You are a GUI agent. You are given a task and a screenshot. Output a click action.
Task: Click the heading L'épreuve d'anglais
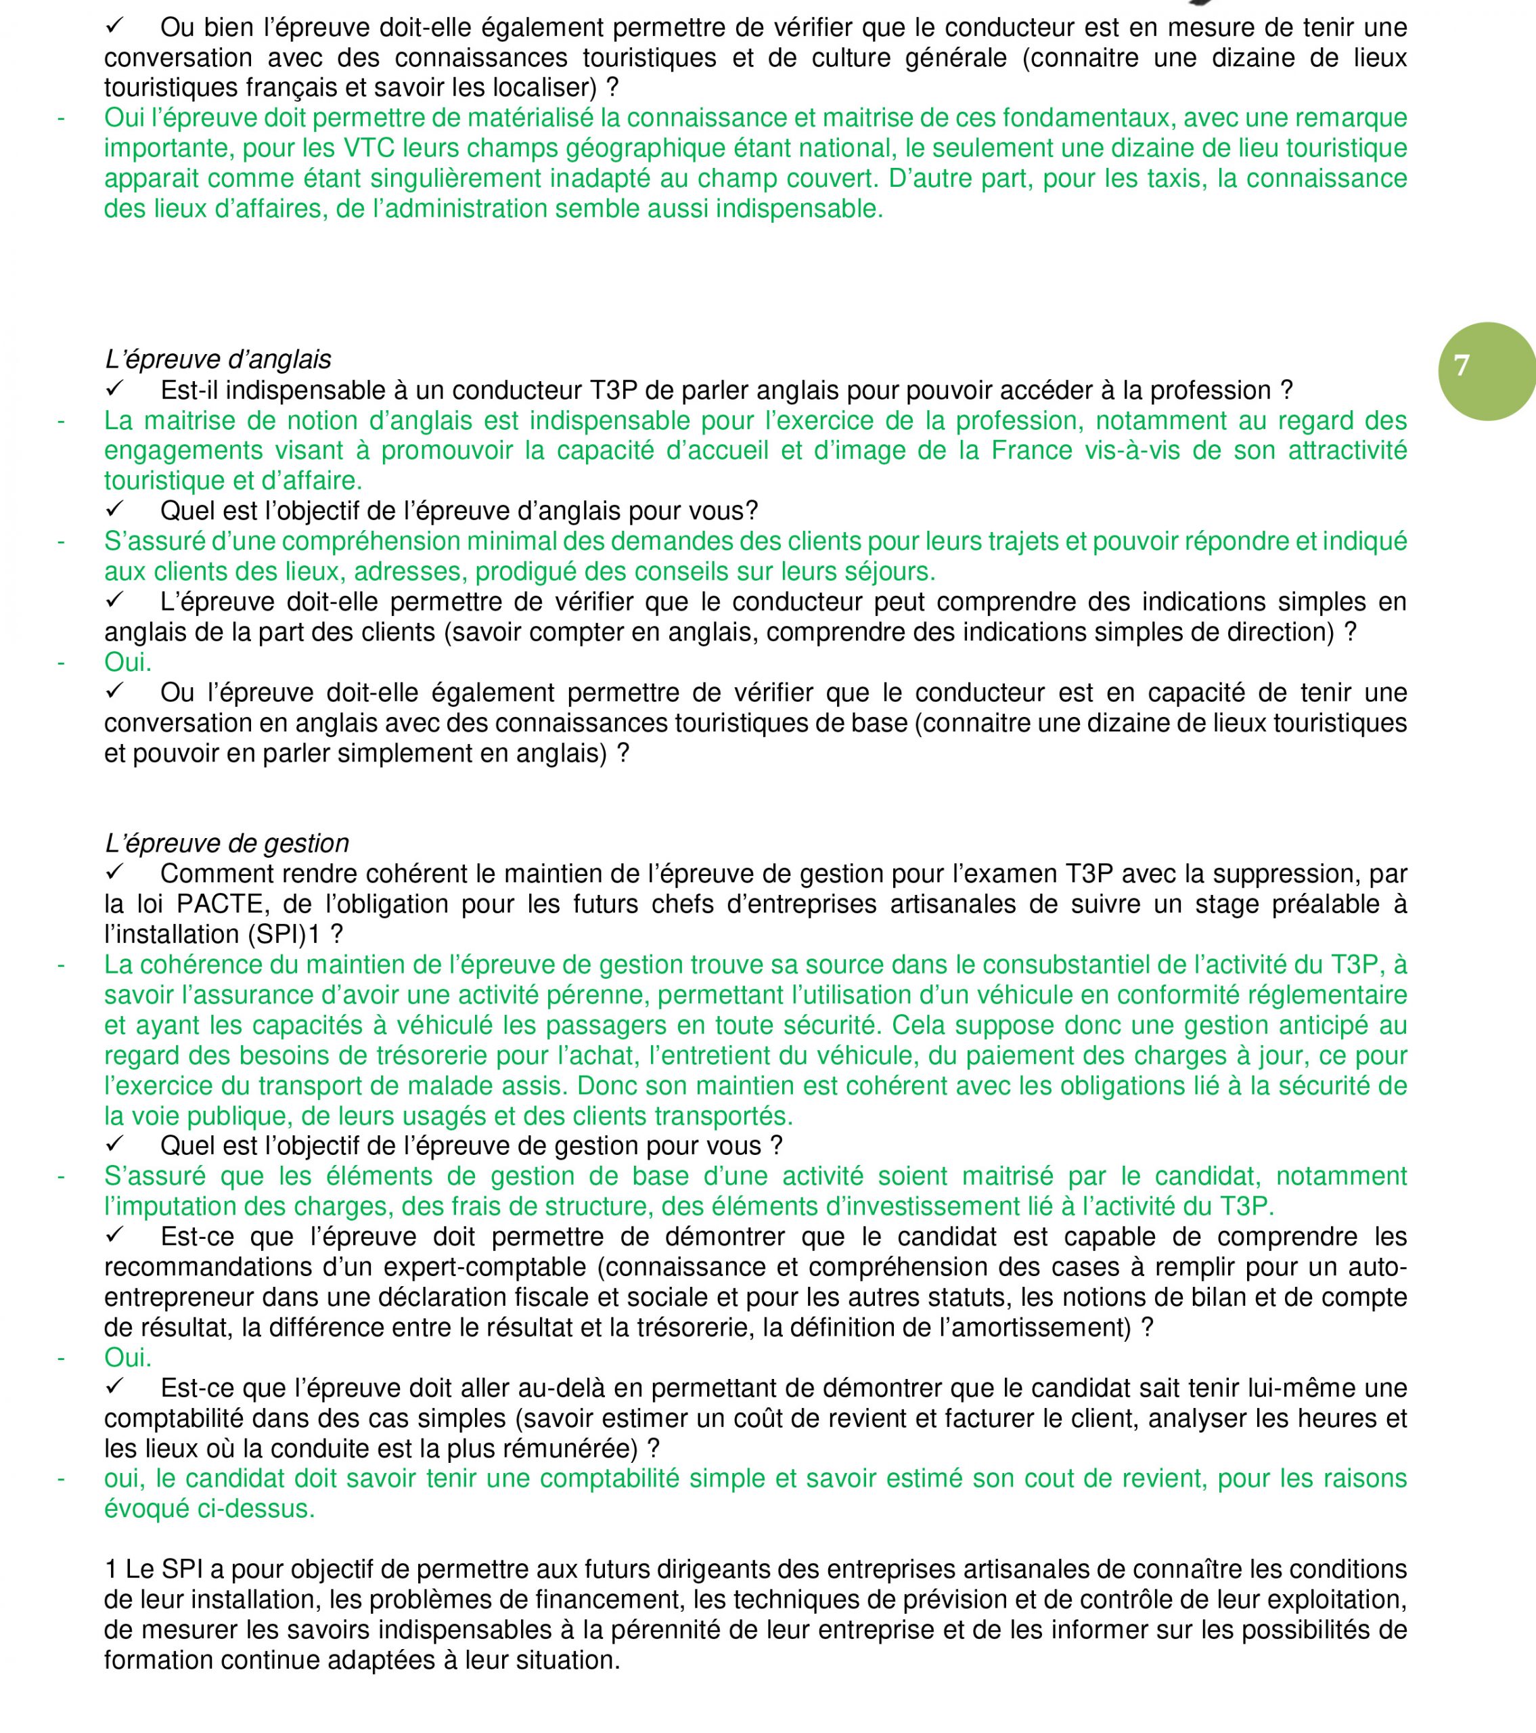pos(218,359)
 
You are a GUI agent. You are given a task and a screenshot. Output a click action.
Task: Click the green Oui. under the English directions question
pos(128,662)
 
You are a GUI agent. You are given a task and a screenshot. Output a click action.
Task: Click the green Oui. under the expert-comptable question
pos(128,1357)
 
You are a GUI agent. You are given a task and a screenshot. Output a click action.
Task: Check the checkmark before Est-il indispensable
pos(115,389)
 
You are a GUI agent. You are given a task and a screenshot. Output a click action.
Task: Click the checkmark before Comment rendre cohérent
pos(115,873)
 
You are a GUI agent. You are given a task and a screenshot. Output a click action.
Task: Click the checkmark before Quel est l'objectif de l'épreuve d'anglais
pos(115,510)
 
